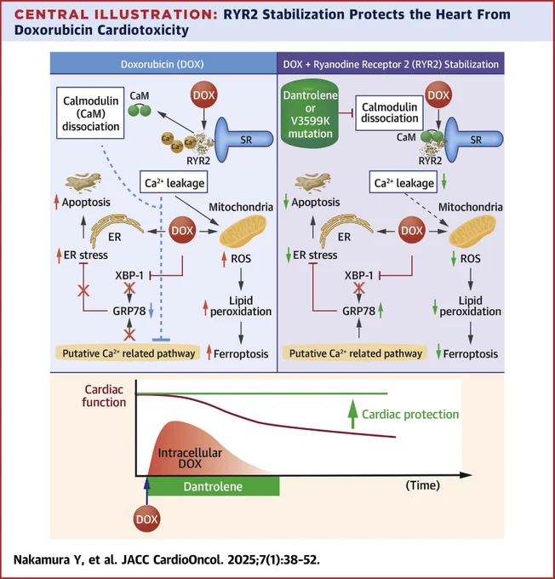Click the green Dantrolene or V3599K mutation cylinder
(310, 114)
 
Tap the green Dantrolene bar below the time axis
(214, 486)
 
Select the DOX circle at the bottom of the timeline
(146, 519)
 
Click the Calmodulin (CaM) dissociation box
(90, 113)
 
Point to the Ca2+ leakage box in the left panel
(174, 182)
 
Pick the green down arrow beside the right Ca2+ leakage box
(443, 181)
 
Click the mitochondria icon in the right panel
(472, 232)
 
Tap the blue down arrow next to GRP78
(151, 311)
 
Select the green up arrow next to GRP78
(380, 311)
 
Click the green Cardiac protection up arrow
(353, 414)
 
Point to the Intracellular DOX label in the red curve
(190, 458)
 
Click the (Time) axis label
(423, 485)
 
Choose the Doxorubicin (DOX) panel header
(163, 64)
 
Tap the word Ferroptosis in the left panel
(241, 353)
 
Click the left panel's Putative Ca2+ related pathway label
(129, 353)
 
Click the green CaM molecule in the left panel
(140, 110)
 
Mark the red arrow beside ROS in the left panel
(224, 259)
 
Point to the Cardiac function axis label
(104, 396)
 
